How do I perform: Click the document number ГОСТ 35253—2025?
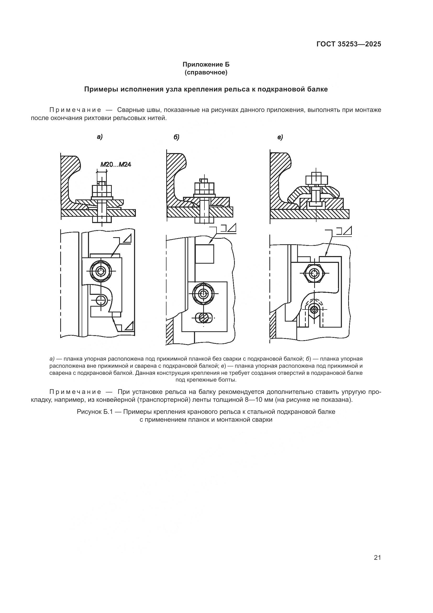[348, 44]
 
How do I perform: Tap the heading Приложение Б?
[206, 64]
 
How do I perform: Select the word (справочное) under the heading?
[206, 72]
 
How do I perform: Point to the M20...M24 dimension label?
[116, 165]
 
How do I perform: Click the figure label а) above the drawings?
[99, 137]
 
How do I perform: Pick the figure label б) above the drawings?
[176, 137]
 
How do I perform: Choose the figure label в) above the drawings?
[280, 138]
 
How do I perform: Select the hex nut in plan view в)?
[315, 273]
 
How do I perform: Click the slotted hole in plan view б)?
[204, 318]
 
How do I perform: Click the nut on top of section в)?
[316, 180]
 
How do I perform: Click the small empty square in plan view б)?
[204, 254]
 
